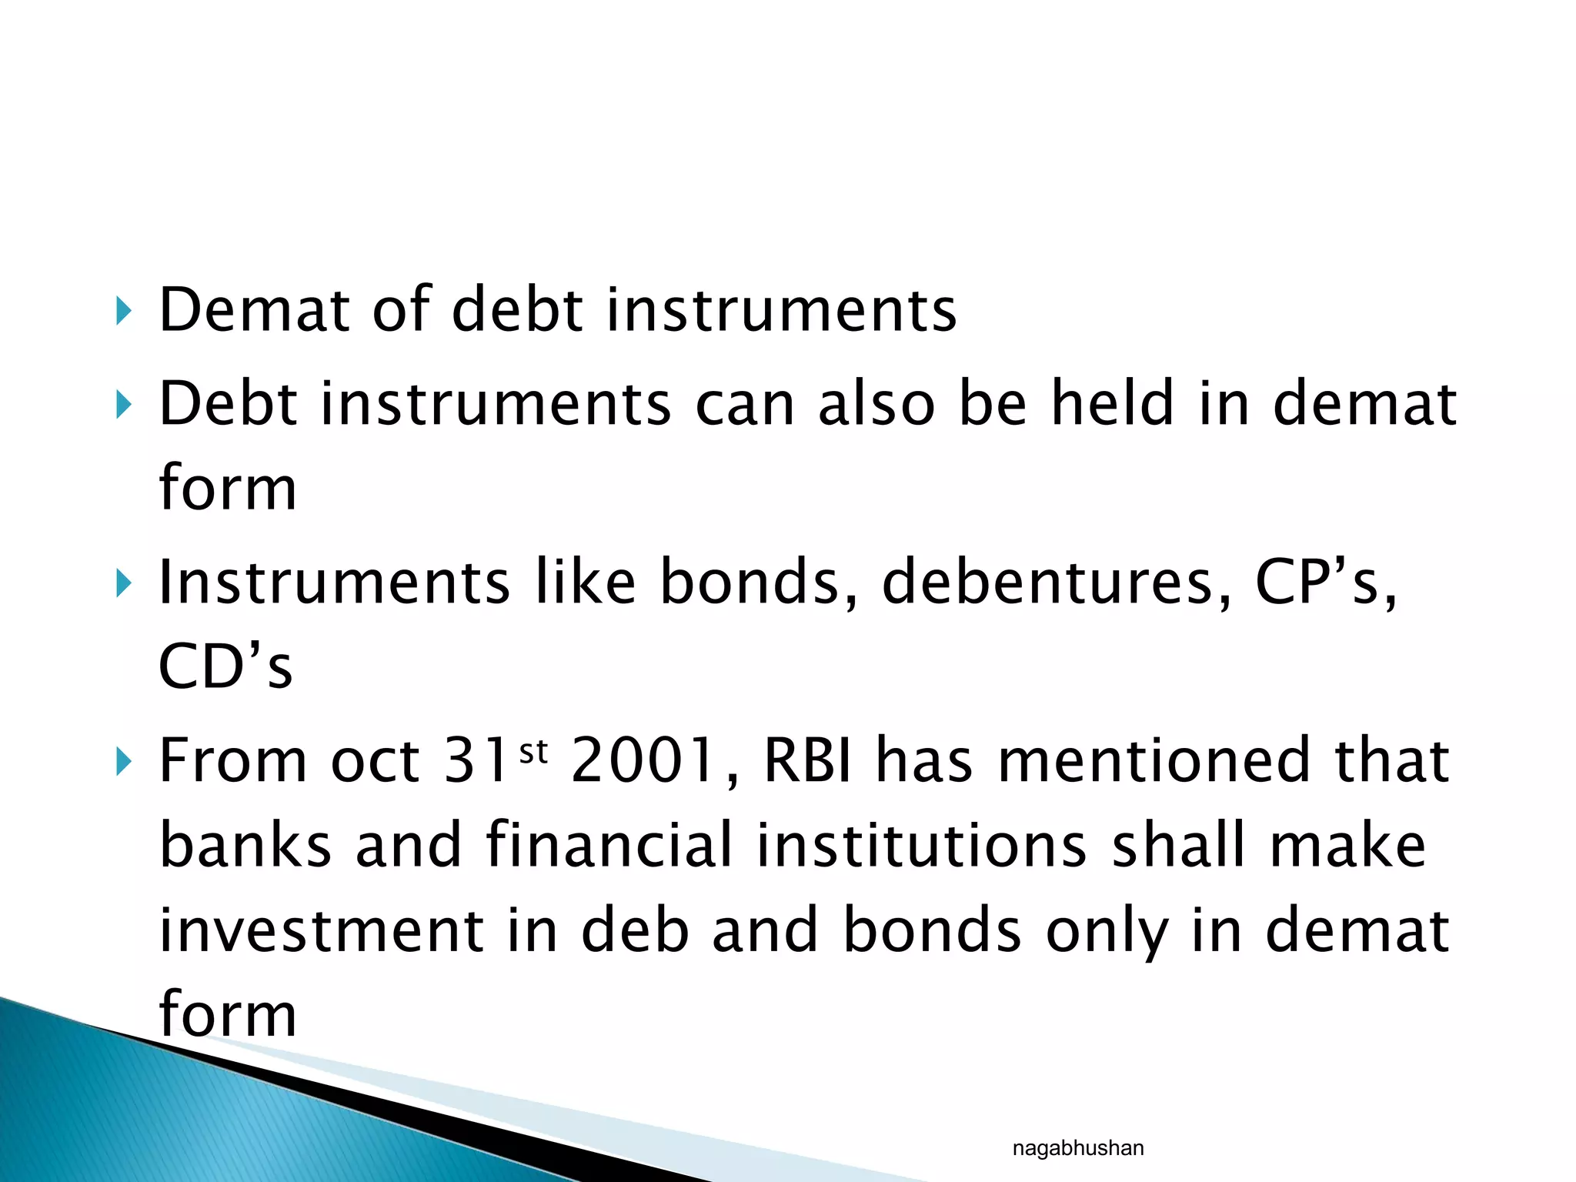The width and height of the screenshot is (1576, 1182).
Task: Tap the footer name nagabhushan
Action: click(1077, 1148)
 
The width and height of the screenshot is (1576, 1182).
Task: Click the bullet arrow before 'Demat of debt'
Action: click(123, 312)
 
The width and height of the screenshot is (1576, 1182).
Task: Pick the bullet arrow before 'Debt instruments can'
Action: click(123, 404)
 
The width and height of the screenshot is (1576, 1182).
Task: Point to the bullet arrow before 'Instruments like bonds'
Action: click(123, 583)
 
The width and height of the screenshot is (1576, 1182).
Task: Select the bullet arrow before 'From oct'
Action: click(123, 762)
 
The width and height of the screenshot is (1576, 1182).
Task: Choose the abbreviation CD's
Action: click(225, 666)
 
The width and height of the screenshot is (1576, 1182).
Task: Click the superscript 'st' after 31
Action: click(533, 751)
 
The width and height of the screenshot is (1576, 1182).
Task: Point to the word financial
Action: click(609, 845)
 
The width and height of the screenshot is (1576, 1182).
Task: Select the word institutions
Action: click(921, 845)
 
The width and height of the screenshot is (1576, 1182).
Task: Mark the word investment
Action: click(321, 930)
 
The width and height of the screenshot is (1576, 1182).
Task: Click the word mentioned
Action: click(1153, 760)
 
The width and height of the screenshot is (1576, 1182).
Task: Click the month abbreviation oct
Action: click(375, 762)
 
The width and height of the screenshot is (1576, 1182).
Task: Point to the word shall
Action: click(1178, 845)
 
